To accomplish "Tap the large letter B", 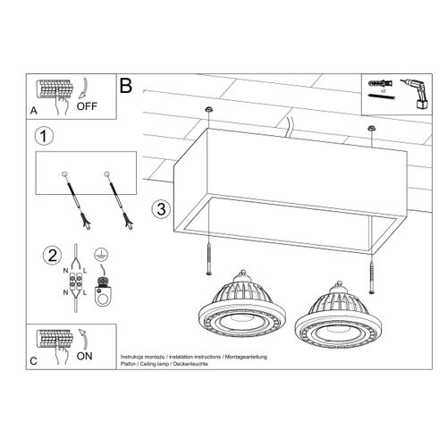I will pos(126,87).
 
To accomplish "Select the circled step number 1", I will pos(41,138).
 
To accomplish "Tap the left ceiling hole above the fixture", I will pos(208,108).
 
